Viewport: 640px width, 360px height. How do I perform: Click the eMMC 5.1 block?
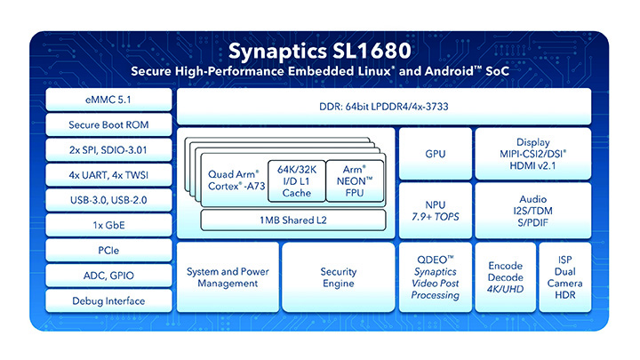108,100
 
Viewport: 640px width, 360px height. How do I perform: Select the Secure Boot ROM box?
108,124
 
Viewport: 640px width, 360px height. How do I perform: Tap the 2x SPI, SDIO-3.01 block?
108,150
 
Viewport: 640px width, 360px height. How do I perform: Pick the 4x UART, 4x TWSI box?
108,175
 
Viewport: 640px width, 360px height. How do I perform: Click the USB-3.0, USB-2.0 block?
108,200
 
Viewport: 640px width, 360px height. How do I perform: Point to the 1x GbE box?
108,225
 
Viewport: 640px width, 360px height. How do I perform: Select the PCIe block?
108,250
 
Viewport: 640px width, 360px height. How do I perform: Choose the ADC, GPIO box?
108,276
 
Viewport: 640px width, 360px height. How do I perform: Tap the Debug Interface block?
108,300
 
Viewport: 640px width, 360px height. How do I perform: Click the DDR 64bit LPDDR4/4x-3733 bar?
384,107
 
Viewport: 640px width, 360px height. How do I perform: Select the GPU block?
435,154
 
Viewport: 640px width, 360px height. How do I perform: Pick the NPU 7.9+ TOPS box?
435,211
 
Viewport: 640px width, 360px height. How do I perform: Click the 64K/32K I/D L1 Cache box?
297,181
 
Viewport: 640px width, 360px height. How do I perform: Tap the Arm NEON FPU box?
355,181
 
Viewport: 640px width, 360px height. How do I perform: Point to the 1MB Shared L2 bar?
293,220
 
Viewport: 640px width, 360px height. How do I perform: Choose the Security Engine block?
339,277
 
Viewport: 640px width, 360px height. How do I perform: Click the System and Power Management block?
228,277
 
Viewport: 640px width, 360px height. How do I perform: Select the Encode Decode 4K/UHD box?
505,277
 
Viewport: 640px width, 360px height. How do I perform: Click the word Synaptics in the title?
277,52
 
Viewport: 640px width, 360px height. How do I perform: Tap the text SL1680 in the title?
372,51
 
